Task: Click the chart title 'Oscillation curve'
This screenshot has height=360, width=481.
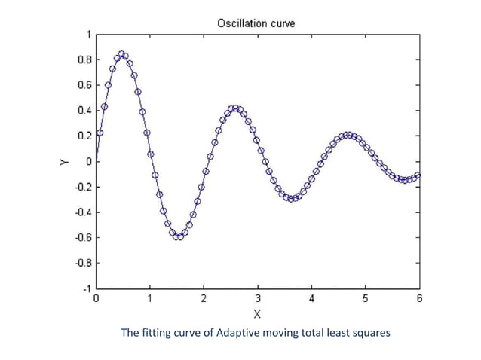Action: point(256,23)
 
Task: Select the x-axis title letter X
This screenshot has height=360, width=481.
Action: point(257,313)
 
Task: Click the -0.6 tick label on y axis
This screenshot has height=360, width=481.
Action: point(81,238)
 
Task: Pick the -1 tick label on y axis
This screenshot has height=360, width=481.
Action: point(85,288)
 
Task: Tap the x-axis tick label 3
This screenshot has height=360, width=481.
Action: point(258,298)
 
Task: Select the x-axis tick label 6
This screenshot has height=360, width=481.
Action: point(419,298)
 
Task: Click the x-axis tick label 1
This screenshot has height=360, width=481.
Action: point(150,298)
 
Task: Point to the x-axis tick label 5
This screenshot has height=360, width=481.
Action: point(366,298)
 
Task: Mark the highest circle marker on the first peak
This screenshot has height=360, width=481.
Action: point(121,54)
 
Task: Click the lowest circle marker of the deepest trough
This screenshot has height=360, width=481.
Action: point(178,236)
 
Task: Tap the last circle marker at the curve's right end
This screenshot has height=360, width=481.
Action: point(418,175)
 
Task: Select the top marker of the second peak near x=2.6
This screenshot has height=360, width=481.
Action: point(235,108)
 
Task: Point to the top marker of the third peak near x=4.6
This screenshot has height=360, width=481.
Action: point(346,136)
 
